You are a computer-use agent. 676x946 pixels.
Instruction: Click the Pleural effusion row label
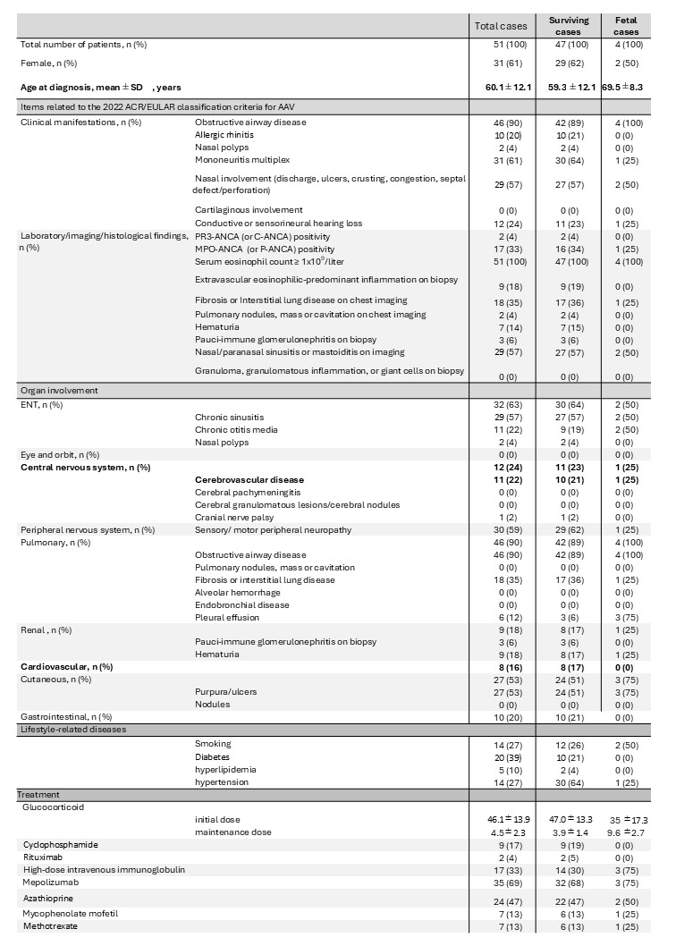(228, 617)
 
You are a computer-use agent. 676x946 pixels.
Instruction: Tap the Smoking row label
(213, 743)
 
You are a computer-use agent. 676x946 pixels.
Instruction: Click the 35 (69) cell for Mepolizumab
(502, 882)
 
